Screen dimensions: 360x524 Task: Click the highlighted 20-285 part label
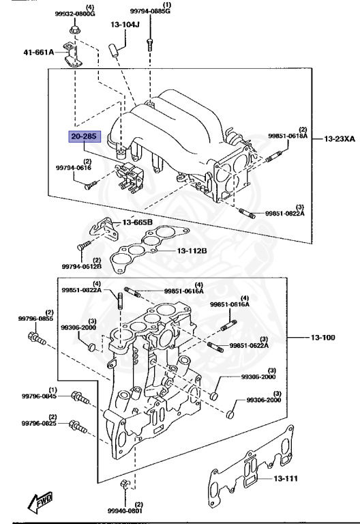[x=85, y=136]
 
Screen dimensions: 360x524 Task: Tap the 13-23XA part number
[x=340, y=139]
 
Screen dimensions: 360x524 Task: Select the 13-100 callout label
[x=323, y=338]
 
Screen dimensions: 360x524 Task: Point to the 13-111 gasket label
[x=286, y=478]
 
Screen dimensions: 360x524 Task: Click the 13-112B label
[x=192, y=250]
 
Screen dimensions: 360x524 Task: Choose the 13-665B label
[x=138, y=222]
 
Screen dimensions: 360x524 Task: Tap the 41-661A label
[x=39, y=52]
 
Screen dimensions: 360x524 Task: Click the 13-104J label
[x=125, y=25]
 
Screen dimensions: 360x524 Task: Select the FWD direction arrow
[x=40, y=502]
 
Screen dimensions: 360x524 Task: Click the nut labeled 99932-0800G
[x=75, y=30]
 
